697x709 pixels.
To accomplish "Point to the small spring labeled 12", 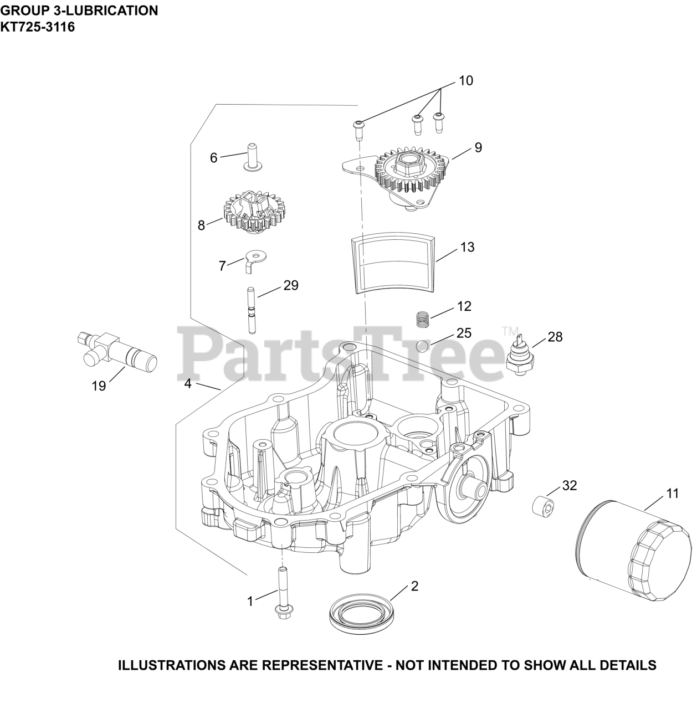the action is [423, 319].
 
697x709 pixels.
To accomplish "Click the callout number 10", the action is [466, 81].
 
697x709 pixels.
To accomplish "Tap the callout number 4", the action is [188, 383].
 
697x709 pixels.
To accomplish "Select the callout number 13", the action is [467, 247].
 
